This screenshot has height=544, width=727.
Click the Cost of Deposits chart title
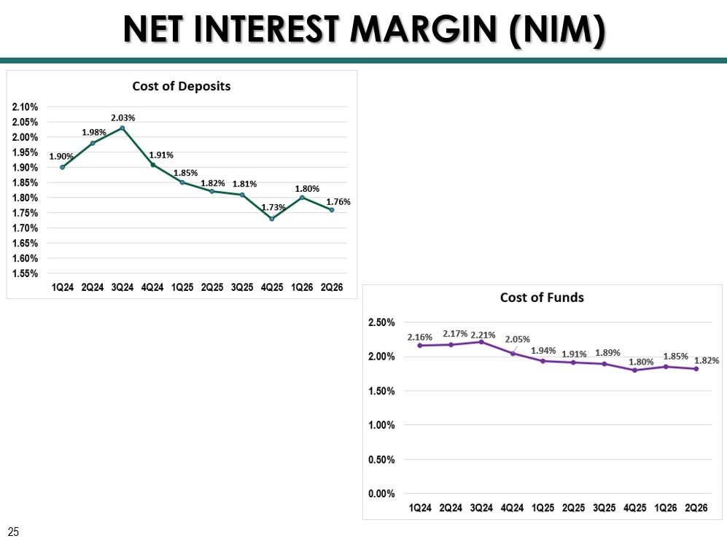(x=182, y=86)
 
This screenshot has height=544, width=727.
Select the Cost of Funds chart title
(x=542, y=298)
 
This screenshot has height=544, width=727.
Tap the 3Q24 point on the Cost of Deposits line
(x=123, y=128)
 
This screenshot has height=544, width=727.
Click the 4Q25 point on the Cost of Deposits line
(x=272, y=219)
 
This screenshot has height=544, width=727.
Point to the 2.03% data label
(x=123, y=118)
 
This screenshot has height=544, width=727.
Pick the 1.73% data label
(x=273, y=207)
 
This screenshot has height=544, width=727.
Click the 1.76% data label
(x=338, y=202)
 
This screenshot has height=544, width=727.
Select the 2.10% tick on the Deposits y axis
(x=25, y=107)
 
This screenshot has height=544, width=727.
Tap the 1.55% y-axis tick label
(x=25, y=273)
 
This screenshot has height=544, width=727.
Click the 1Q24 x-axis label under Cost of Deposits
(x=63, y=287)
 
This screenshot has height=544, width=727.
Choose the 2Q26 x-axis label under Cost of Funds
(x=696, y=508)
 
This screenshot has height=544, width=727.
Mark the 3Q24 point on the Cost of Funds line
(x=481, y=342)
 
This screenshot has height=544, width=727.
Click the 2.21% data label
(x=483, y=335)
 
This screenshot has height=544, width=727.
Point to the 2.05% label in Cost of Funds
(x=518, y=339)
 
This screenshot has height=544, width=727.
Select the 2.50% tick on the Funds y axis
(x=381, y=322)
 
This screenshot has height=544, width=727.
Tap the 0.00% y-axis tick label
(x=381, y=494)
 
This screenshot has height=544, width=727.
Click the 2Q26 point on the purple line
(x=696, y=369)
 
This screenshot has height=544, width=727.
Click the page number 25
(x=13, y=532)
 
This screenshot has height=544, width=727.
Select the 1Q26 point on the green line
(x=303, y=198)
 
